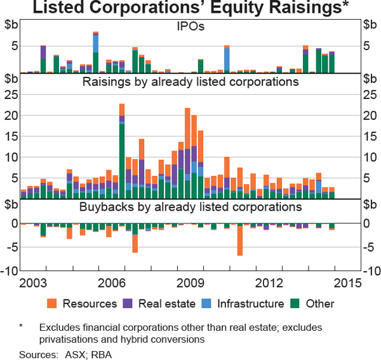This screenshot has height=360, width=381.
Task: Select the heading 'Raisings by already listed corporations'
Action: pyautogui.click(x=190, y=82)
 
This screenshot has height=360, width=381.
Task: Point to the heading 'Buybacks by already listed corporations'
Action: pyautogui.click(x=190, y=207)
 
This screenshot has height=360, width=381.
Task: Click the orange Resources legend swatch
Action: pyautogui.click(x=54, y=303)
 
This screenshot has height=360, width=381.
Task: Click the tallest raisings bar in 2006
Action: pyautogui.click(x=121, y=152)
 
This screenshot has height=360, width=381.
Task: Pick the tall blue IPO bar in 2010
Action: pyautogui.click(x=227, y=60)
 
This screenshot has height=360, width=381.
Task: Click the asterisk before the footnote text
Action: pyautogui.click(x=22, y=328)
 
